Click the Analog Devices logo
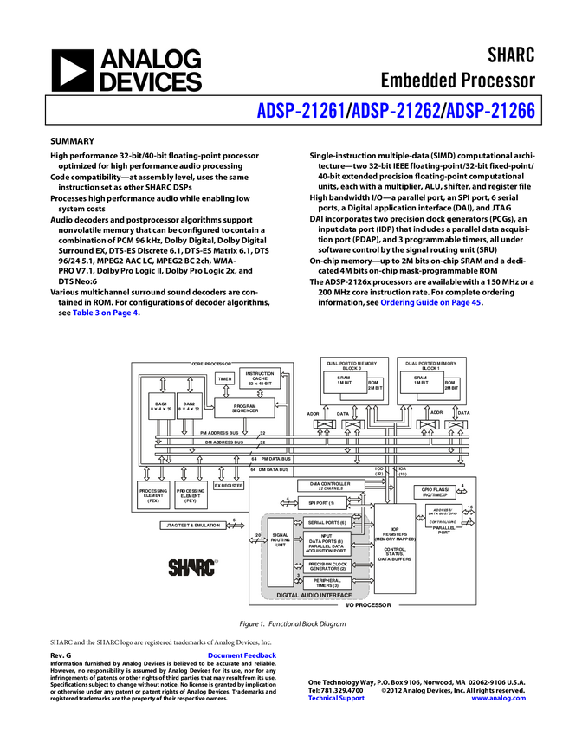point(126,70)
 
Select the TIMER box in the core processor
point(224,379)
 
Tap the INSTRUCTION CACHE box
point(260,378)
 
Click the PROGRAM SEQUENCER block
point(244,407)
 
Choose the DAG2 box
point(189,404)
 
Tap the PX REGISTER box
point(229,486)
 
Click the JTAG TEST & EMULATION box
point(191,526)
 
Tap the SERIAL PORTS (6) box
point(326,523)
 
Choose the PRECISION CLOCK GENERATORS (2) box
point(327,566)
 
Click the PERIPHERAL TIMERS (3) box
point(327,584)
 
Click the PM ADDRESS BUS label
point(222,432)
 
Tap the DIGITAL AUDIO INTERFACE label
point(314,596)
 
